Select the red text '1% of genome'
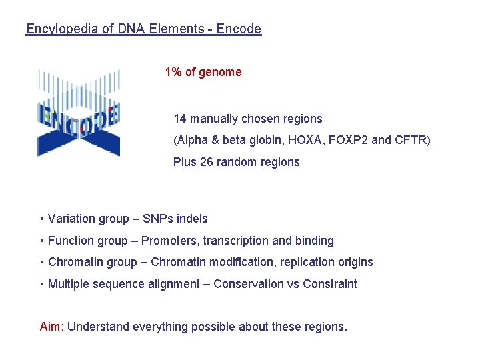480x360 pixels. click(203, 72)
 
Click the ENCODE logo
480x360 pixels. click(79, 113)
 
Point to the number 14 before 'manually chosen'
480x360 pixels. click(180, 119)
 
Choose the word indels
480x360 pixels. click(192, 219)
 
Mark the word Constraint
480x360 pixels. click(330, 284)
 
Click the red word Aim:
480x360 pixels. click(52, 327)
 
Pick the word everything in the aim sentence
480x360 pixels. click(161, 327)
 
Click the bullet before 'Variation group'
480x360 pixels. click(42, 219)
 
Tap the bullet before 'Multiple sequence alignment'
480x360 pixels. click(42, 284)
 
